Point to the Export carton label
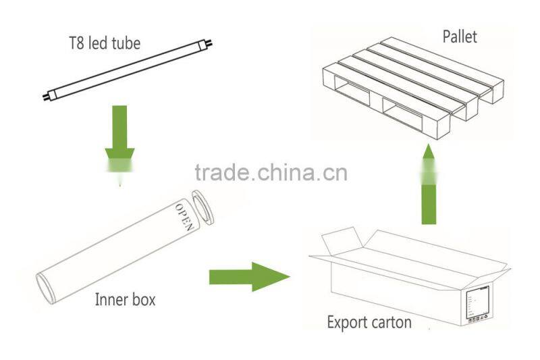(x=369, y=322)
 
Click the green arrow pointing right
(x=249, y=278)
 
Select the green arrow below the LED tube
(x=119, y=142)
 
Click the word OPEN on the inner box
(x=184, y=215)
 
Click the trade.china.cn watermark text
(x=271, y=173)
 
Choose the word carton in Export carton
(x=390, y=323)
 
